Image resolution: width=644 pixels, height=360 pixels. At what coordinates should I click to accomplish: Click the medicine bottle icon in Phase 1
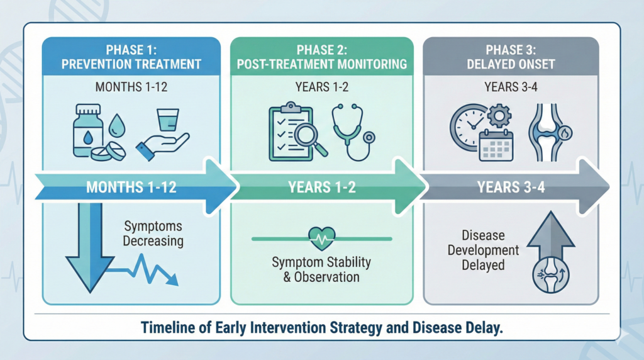(x=88, y=131)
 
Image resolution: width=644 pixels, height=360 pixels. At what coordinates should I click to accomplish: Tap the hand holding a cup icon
(x=163, y=135)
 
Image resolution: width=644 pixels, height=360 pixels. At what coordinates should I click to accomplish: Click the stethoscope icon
(x=353, y=132)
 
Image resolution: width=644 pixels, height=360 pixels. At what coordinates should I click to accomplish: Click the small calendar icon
(x=496, y=145)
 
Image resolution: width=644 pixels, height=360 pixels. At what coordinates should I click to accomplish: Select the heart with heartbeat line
(x=322, y=239)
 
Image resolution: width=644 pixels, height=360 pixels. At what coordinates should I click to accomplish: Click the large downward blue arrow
(x=90, y=247)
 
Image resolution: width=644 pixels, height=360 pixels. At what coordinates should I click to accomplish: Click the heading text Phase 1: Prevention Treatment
(x=131, y=57)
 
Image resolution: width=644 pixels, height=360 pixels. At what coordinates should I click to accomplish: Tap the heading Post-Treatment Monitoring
(x=322, y=64)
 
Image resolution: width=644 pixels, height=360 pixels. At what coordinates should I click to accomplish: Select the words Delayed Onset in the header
(x=511, y=64)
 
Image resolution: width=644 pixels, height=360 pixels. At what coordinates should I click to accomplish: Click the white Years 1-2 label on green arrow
(x=322, y=187)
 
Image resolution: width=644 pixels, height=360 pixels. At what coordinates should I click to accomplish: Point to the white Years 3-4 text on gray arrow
(x=511, y=187)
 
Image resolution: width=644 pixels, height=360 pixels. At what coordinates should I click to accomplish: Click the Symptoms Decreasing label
(x=153, y=233)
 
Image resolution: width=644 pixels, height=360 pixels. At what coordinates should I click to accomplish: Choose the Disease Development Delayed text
(x=484, y=250)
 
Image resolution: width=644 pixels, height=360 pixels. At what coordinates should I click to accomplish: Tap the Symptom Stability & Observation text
(x=321, y=269)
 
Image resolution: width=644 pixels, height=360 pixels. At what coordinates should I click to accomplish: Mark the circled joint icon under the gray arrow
(x=551, y=274)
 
